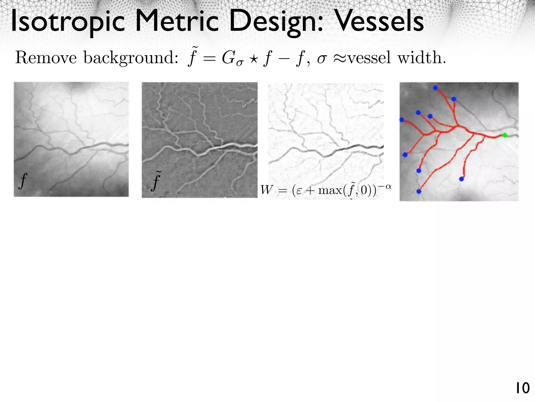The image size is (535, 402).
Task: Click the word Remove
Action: coord(46,58)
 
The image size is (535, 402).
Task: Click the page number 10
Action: coord(522,388)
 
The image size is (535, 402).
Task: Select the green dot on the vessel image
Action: coord(505,135)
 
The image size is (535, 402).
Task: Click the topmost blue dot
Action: coord(435,88)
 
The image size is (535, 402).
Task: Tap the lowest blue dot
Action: coord(419,191)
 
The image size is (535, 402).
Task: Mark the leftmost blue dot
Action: coord(402,120)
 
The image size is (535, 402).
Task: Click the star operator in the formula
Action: coord(253,58)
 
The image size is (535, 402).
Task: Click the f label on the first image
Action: coord(23,181)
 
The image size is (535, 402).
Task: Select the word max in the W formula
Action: coord(330,190)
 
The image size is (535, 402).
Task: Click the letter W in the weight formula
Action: coord(266,190)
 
